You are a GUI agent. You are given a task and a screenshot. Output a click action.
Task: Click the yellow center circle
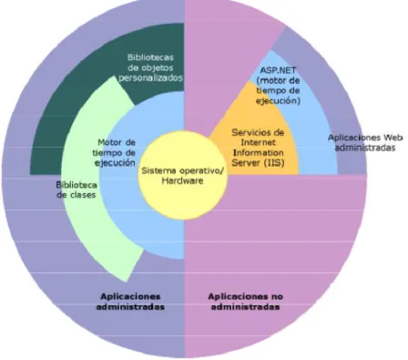coord(183,176)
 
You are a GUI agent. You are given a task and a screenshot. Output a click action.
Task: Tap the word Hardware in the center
coord(182,180)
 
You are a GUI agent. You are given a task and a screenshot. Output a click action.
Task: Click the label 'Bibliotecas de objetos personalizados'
coord(150,67)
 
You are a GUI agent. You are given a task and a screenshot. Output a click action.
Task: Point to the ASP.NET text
coord(278,70)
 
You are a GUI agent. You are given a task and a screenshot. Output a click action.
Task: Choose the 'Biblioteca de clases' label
coord(76,190)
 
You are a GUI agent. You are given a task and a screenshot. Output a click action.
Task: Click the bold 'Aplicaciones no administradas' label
coord(245,302)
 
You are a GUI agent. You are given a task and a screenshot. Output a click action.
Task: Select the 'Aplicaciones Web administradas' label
coord(365,142)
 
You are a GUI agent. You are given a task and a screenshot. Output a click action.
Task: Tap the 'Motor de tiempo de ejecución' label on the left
coord(115,152)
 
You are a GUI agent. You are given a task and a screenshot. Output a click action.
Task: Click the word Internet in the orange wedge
coord(259,142)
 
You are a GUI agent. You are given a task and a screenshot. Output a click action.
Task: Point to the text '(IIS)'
coord(274,163)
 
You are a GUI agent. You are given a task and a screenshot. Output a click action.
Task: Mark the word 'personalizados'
coord(150,77)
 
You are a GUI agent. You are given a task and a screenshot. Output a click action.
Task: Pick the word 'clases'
coord(82,195)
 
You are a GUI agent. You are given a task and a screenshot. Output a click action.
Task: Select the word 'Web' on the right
coord(393,138)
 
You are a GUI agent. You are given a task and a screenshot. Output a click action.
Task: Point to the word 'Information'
coord(259,152)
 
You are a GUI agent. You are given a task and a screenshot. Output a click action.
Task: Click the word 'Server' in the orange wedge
coord(246,163)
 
